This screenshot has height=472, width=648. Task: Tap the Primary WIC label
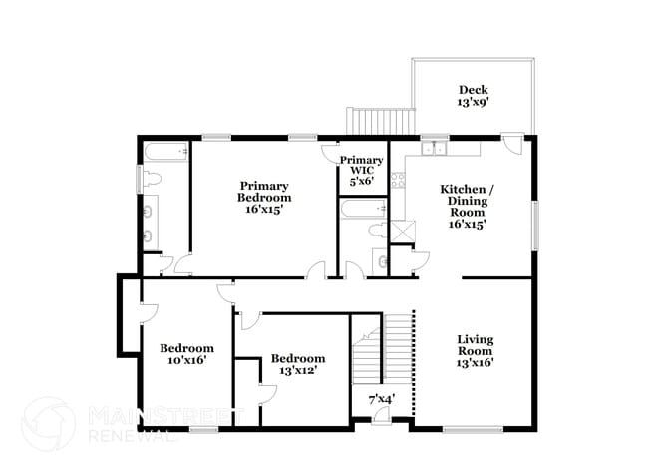[x=361, y=170]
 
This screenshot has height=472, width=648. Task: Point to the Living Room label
[x=475, y=350]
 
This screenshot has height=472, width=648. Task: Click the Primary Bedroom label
[x=264, y=197]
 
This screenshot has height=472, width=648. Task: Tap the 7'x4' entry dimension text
[x=381, y=399]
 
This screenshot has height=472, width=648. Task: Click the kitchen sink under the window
[x=433, y=149]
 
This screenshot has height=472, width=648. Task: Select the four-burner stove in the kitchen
[x=396, y=181]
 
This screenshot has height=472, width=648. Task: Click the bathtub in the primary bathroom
[x=164, y=153]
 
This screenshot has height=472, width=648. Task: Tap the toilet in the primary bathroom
[x=151, y=179]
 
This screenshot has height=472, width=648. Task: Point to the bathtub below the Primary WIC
[x=361, y=210]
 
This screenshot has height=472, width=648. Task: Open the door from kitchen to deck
[x=512, y=142]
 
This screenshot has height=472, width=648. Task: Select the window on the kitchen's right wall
[x=535, y=226]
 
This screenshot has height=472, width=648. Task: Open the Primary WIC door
[x=331, y=151]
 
